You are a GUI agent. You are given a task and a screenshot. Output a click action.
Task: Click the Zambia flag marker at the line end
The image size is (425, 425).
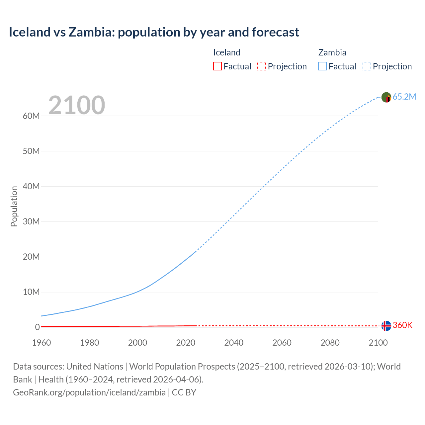coord(386,97)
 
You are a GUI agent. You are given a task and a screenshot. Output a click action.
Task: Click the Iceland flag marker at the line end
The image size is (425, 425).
coord(386,326)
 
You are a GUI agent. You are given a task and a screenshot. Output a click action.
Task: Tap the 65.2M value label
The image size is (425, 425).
coord(404,97)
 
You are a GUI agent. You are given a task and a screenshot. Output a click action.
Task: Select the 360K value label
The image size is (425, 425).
coord(402,325)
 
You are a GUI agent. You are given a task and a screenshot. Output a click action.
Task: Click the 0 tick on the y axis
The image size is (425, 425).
coord(37,327)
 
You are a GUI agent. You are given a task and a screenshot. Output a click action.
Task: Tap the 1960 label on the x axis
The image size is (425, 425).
coord(42,343)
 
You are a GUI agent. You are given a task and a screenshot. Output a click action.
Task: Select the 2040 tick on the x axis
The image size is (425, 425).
coord(234,343)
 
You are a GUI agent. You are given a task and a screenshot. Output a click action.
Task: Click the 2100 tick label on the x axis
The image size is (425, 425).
coord(378,343)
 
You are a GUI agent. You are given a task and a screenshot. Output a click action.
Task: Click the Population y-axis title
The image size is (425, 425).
coord(14,206)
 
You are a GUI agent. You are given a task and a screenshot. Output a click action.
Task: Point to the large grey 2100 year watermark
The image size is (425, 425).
coord(77,105)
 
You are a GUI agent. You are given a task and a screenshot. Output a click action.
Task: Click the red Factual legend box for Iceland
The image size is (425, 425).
coord(217,66)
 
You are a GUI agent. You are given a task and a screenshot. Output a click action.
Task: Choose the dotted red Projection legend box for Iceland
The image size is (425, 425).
coord(262,66)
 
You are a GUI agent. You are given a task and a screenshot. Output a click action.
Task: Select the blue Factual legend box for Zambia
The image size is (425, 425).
coord(322,66)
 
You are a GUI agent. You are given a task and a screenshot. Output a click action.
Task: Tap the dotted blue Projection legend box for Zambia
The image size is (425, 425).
coord(367,66)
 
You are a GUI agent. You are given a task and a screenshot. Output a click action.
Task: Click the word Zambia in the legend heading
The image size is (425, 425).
coord(332,52)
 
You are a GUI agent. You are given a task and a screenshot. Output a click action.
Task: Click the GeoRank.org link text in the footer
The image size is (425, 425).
coord(89,392)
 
